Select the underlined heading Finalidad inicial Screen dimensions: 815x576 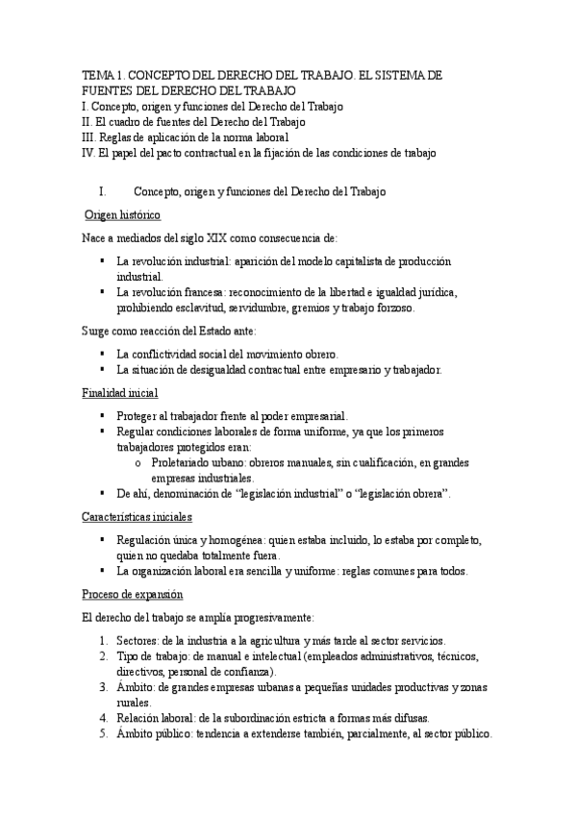(120, 393)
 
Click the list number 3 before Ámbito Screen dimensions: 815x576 (104, 687)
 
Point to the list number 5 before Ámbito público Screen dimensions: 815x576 (104, 733)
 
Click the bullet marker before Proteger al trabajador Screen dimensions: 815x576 (103, 416)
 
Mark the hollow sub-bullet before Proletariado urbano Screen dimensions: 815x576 (139, 462)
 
